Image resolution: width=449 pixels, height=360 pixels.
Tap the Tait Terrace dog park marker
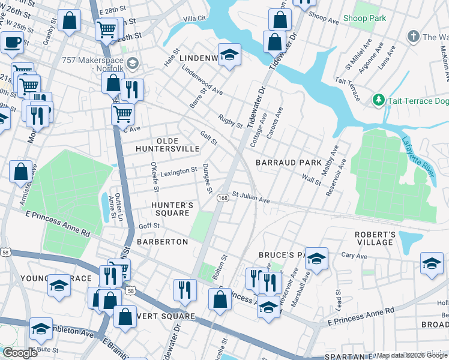[x=378, y=99]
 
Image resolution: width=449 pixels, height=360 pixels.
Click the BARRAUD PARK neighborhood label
[x=288, y=163]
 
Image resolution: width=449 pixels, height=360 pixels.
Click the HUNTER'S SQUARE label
[x=172, y=209]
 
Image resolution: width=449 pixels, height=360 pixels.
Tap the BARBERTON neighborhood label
[x=162, y=241]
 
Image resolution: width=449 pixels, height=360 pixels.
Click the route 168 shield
[x=222, y=198]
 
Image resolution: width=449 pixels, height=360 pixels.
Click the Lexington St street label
[x=178, y=171]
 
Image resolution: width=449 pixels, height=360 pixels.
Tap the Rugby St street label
[x=230, y=122]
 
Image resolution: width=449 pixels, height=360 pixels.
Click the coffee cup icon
[x=11, y=42]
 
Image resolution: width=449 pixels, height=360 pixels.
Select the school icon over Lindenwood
[x=229, y=55]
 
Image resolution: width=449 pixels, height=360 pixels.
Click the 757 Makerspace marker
[x=133, y=62]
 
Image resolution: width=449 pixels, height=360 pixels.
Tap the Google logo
[x=20, y=353]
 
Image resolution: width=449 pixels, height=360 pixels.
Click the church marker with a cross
[x=412, y=37]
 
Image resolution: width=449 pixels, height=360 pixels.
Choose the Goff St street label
[x=149, y=226]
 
